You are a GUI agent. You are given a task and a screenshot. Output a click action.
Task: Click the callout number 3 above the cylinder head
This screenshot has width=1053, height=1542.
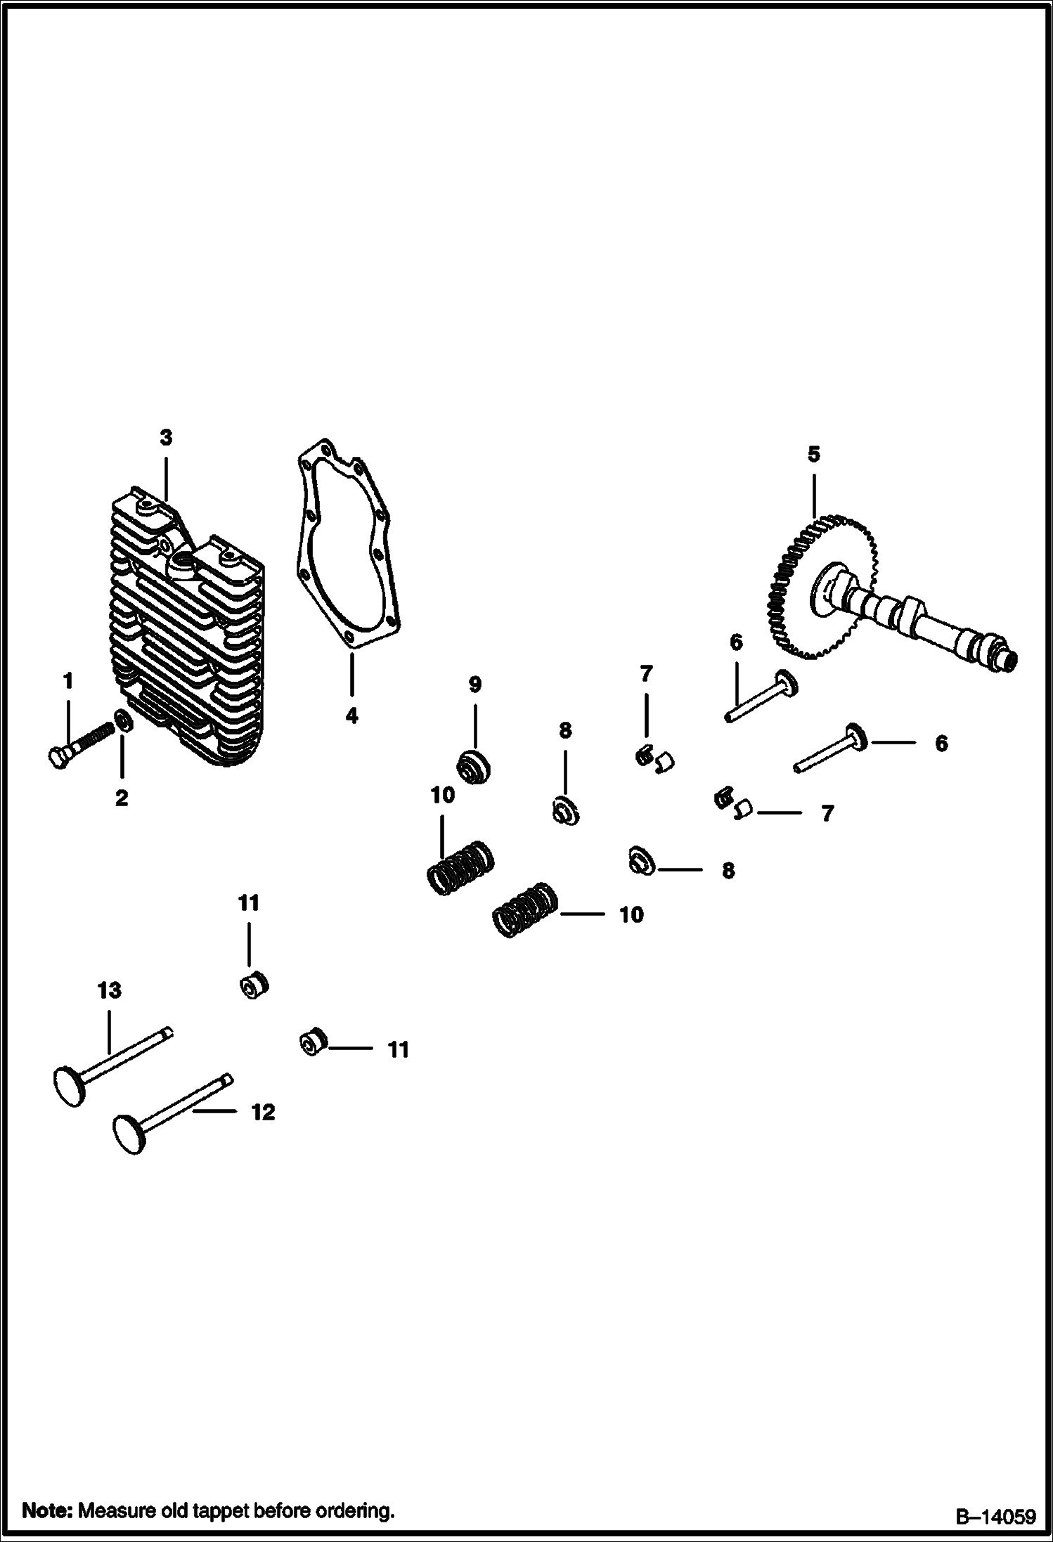click(x=165, y=437)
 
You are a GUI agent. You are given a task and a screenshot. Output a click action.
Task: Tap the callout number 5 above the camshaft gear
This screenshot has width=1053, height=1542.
click(x=813, y=454)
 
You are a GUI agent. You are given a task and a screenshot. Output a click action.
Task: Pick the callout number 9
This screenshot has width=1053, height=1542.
click(x=474, y=684)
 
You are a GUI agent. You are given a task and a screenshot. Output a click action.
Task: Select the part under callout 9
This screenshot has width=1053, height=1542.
click(x=473, y=765)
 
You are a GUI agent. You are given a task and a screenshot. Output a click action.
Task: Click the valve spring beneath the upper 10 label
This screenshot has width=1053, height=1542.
click(x=461, y=867)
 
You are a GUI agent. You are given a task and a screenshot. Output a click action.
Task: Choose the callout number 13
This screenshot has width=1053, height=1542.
click(x=109, y=990)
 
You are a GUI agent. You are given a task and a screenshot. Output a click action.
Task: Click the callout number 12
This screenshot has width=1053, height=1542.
click(x=263, y=1112)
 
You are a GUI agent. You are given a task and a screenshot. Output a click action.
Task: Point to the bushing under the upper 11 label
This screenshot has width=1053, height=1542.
click(x=252, y=985)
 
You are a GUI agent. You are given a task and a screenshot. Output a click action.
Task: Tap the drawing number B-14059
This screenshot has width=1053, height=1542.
click(x=995, y=1514)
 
